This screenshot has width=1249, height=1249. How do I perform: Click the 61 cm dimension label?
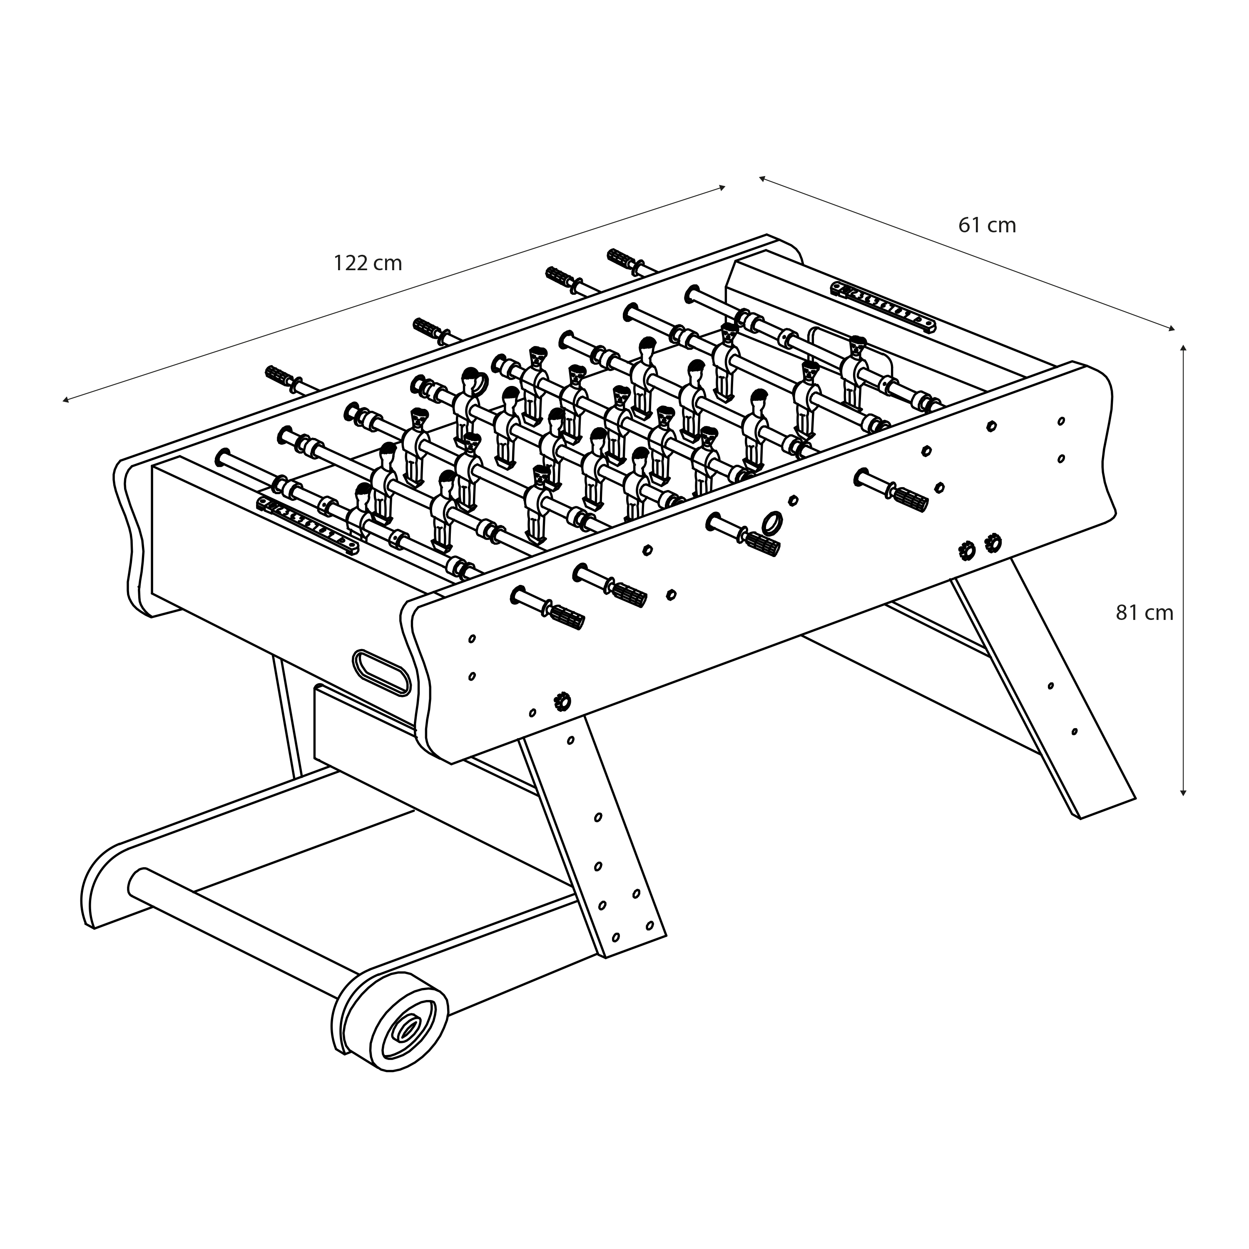pos(987,225)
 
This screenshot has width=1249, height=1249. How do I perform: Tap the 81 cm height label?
pos(1144,613)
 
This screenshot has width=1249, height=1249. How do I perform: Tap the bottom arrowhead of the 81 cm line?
pos(1183,791)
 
